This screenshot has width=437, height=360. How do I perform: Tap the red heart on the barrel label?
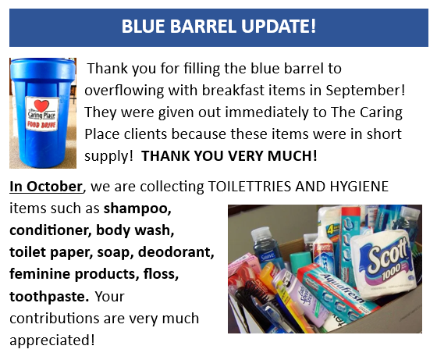pos(41,105)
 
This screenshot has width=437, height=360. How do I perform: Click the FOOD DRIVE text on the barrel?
pos(41,124)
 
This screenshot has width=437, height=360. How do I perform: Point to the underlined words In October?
pos(46,187)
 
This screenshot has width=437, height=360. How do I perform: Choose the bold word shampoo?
pos(137,209)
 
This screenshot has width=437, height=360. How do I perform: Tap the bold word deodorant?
pos(176,251)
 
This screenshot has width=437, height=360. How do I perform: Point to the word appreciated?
pos(52,340)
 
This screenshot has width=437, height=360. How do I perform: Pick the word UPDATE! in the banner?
pos(279,27)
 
